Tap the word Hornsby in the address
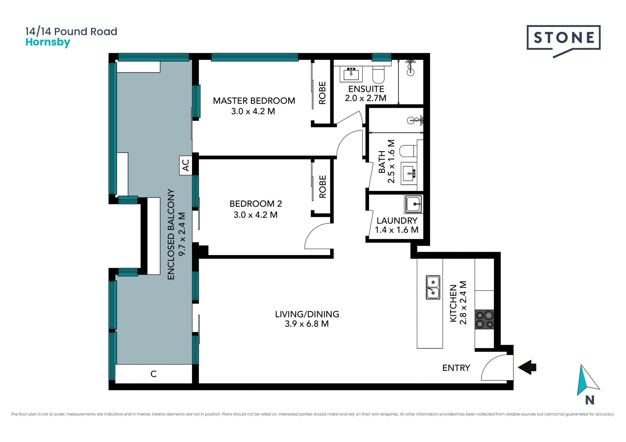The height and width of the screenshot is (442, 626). click(x=48, y=43)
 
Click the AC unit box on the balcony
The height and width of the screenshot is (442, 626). click(x=185, y=165)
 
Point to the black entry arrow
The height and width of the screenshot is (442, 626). click(x=527, y=367)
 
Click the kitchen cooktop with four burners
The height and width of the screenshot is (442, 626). click(x=484, y=320)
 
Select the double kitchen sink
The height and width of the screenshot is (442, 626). click(x=433, y=287)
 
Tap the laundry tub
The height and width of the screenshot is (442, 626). click(x=413, y=204)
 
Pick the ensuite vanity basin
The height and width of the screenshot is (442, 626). click(x=351, y=74)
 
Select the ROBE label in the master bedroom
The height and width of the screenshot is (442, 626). click(x=322, y=93)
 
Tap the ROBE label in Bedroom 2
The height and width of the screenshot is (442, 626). click(x=322, y=187)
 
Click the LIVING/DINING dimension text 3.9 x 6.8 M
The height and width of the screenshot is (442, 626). click(x=307, y=324)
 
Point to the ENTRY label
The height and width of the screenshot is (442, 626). click(x=456, y=368)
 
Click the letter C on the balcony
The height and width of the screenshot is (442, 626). click(x=154, y=374)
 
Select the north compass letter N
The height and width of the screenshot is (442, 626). click(x=589, y=400)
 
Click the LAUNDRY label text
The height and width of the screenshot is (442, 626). click(x=397, y=221)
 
